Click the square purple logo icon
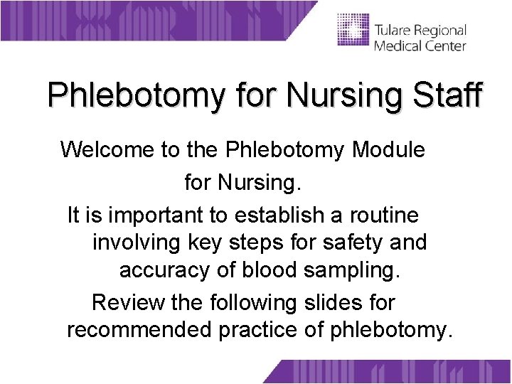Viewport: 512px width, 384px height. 353,30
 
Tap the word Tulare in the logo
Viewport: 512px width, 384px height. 392,31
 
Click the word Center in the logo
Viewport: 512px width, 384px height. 444,46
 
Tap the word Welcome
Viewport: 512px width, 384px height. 107,150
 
